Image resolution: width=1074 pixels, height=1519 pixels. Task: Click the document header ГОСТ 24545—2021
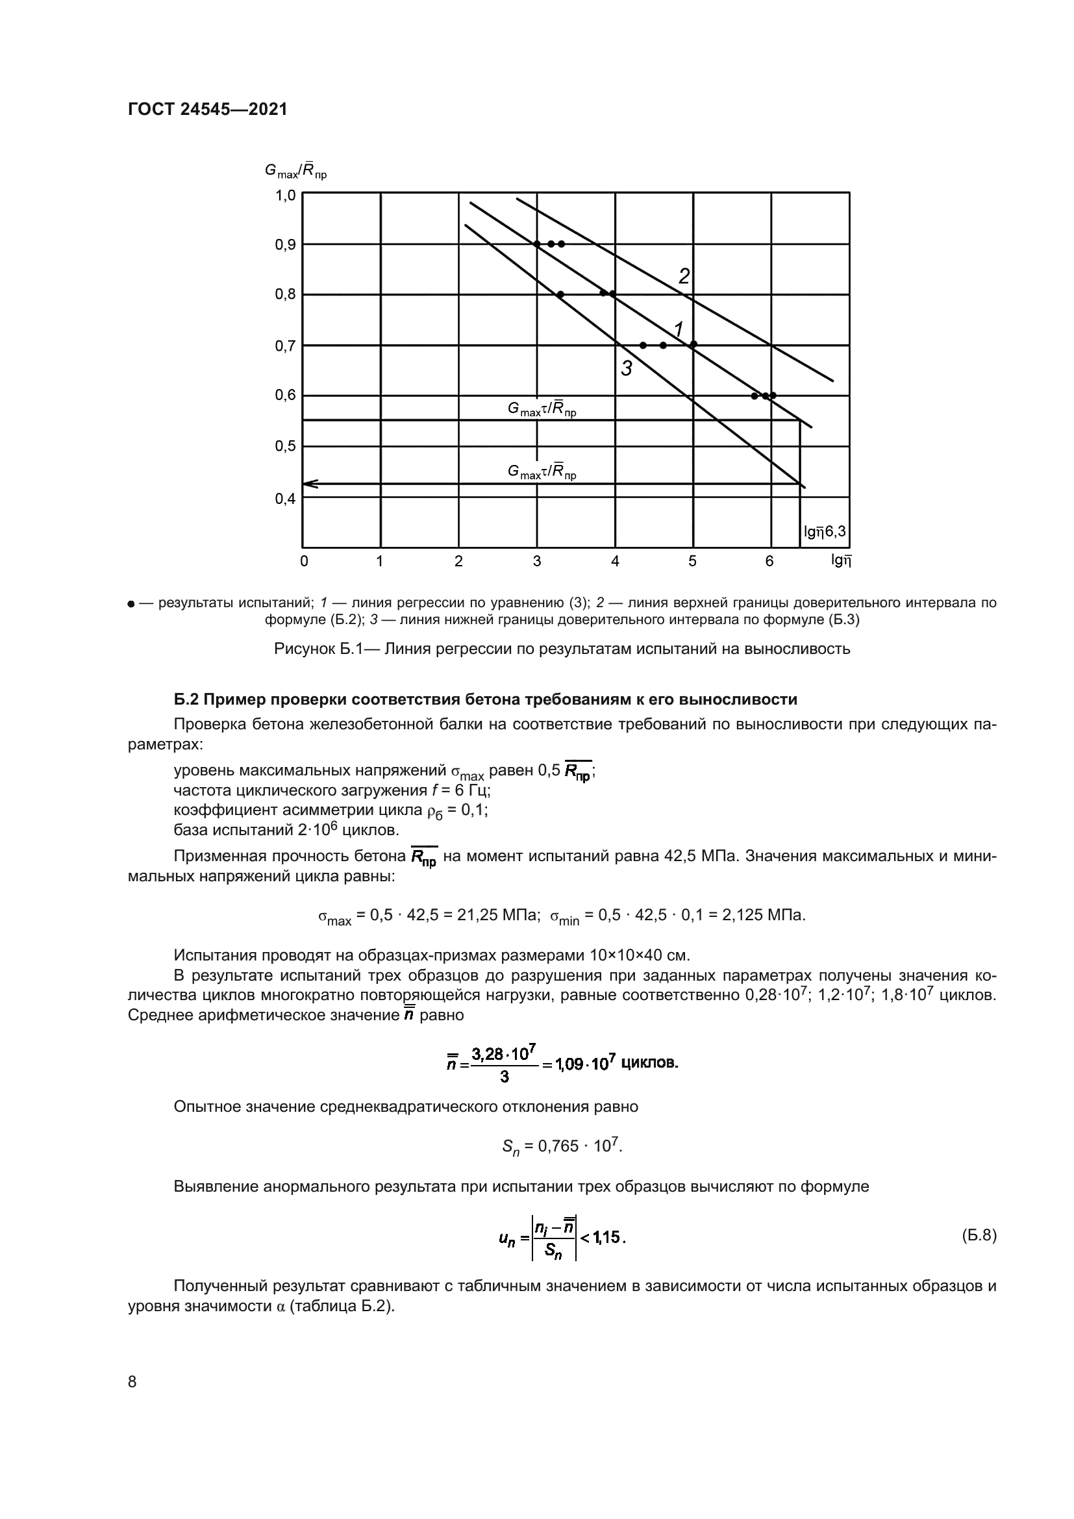[x=207, y=109]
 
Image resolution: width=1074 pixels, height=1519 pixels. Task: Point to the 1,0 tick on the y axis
[x=285, y=196]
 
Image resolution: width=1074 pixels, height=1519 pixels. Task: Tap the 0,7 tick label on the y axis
[x=285, y=346]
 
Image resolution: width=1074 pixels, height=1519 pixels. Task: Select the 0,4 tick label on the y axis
[x=285, y=499]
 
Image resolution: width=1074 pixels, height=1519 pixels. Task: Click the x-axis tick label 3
[x=536, y=562]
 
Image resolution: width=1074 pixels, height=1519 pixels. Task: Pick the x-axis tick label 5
[x=692, y=562]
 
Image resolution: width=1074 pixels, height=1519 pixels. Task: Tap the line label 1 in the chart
[x=679, y=328]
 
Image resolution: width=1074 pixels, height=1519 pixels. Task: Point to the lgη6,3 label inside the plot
[x=824, y=531]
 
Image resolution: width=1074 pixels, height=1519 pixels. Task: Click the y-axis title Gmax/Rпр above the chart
[x=295, y=171]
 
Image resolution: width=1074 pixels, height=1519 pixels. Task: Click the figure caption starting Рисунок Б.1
[x=562, y=649]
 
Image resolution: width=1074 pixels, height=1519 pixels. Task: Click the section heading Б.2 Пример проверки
[x=486, y=699]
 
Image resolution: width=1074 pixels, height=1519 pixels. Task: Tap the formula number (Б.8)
[x=978, y=1236]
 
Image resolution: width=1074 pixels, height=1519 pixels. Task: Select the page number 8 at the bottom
[x=132, y=1382]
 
